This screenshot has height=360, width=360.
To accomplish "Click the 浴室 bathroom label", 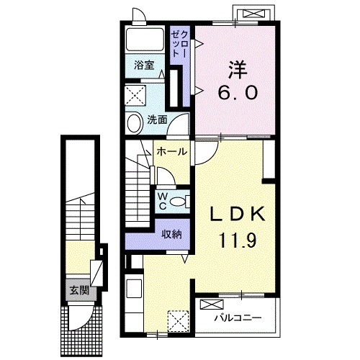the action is tap(144, 66).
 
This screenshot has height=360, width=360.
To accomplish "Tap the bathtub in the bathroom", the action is tap(145, 40).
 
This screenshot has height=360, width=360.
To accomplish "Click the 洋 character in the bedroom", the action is tap(238, 70).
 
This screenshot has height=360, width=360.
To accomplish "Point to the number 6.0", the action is tap(238, 93).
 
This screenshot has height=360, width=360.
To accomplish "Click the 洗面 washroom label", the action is tap(157, 120).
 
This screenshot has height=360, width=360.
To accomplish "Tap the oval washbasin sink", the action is tap(134, 123).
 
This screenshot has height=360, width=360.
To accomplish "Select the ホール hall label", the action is tap(171, 151).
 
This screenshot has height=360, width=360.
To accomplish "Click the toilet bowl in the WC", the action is tap(178, 202).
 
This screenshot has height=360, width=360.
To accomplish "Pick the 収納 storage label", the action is tap(171, 234).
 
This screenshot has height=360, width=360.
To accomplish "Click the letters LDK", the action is tap(238, 214).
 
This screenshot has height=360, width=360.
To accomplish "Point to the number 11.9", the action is tap(238, 240).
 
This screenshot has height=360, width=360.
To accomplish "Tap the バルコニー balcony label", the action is tap(238, 318).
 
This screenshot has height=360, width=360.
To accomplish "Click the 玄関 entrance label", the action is tap(79, 290).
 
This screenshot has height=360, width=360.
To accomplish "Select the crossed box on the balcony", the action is tap(212, 305).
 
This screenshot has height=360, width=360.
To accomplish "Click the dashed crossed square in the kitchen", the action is tap(178, 321).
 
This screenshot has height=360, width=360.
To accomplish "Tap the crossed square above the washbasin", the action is tap(135, 96).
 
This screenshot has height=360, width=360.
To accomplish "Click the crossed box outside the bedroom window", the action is tap(255, 14).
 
